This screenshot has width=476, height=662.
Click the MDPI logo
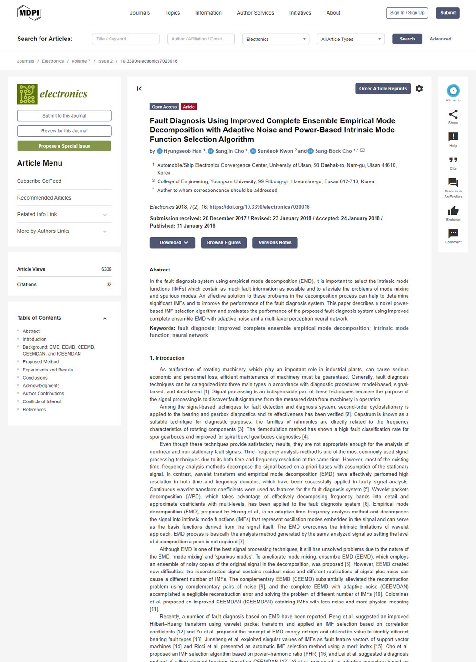click(x=29, y=13)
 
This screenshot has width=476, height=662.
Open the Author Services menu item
click(x=255, y=13)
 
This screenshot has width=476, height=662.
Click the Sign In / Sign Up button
click(x=407, y=13)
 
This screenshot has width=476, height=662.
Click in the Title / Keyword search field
click(x=126, y=39)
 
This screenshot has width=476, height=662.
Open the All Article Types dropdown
click(x=350, y=39)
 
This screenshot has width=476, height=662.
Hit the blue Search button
click(x=407, y=39)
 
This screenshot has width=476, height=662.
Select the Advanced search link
click(x=440, y=39)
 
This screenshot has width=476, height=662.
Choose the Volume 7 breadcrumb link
click(x=81, y=61)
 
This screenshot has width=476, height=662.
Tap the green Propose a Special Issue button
click(x=64, y=146)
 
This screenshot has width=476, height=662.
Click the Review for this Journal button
click(x=64, y=131)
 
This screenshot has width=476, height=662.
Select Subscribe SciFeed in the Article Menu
click(x=40, y=181)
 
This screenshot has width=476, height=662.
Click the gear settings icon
click(x=419, y=89)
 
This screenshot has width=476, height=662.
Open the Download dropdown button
click(x=172, y=243)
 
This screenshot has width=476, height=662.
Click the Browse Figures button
click(x=224, y=243)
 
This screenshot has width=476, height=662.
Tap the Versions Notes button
click(x=275, y=243)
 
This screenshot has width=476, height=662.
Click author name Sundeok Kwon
click(x=275, y=151)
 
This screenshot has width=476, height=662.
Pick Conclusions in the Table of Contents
click(x=35, y=378)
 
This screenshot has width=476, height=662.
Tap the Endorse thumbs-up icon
click(x=453, y=211)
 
